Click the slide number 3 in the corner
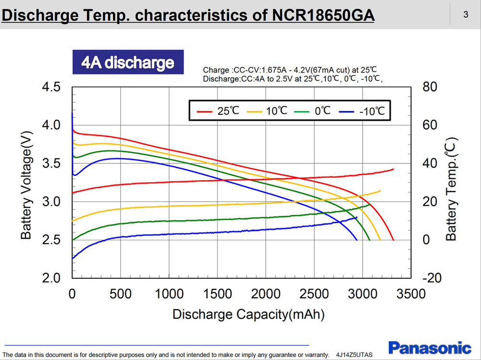pyautogui.click(x=465, y=14)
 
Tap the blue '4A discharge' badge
pyautogui.click(x=128, y=62)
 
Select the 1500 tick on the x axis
pyautogui.click(x=217, y=294)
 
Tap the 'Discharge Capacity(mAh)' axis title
pyautogui.click(x=248, y=315)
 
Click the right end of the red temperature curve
pyautogui.click(x=393, y=169)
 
